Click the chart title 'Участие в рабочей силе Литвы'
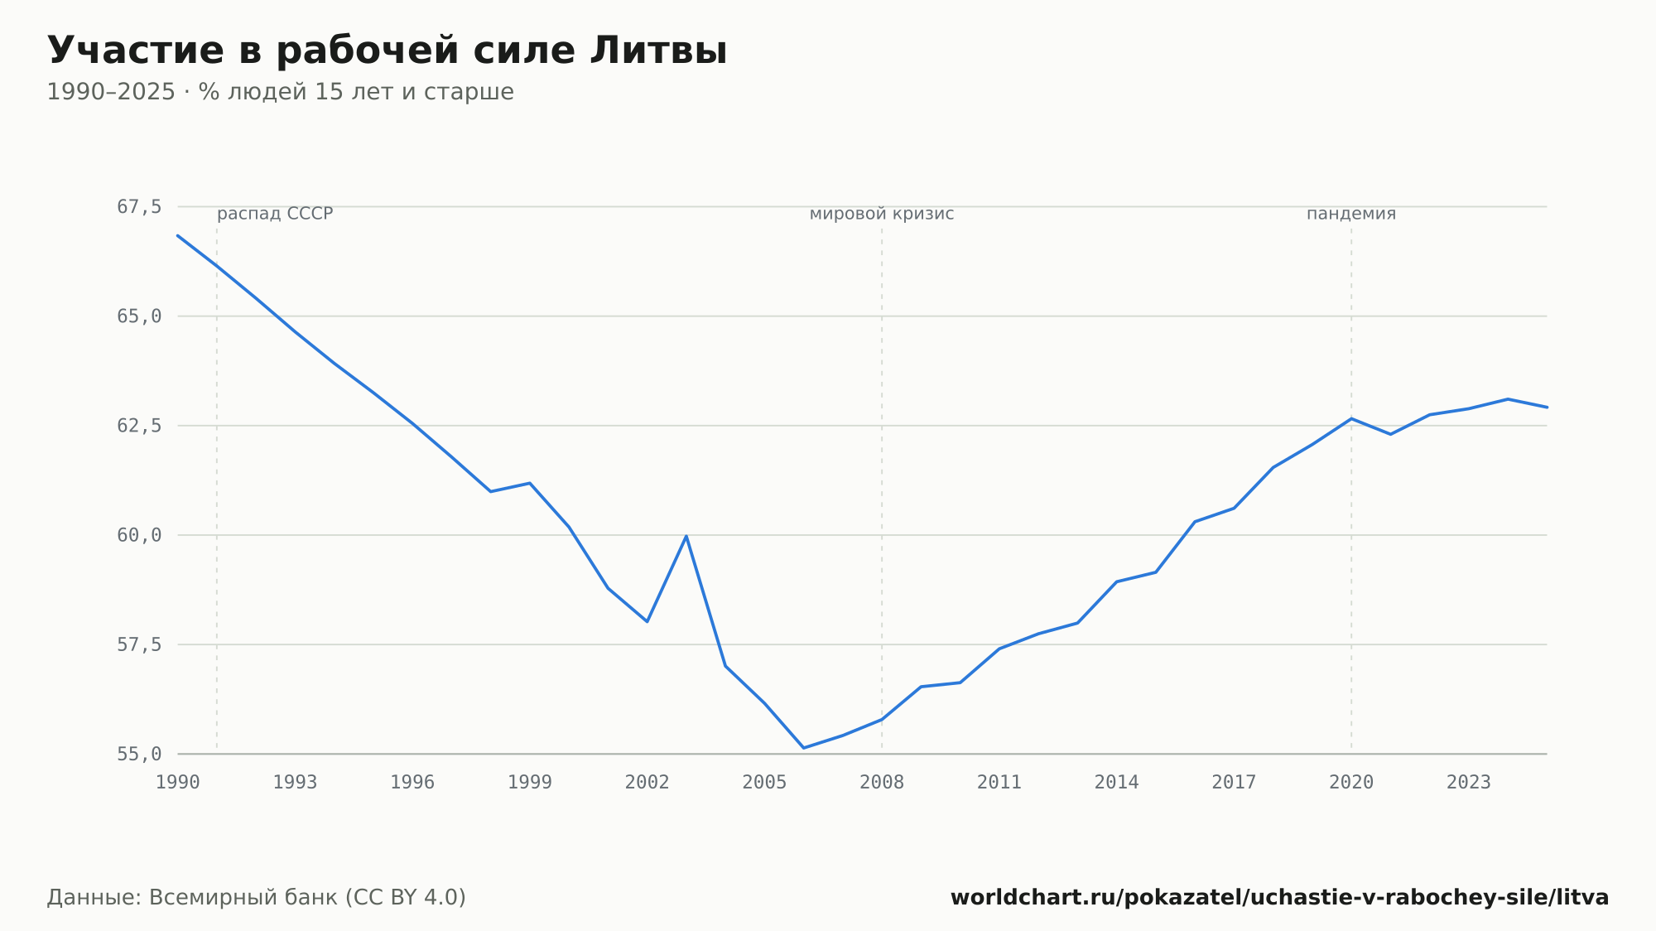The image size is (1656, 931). point(387,51)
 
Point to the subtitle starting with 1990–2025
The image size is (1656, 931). point(280,92)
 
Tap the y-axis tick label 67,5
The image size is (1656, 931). point(139,207)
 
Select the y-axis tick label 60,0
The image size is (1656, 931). point(139,536)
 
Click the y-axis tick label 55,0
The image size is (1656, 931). point(139,755)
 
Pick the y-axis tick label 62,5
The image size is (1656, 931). point(139,426)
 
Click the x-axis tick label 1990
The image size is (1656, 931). point(178,783)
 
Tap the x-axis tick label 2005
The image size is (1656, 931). point(764,783)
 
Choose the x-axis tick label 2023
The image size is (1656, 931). point(1469,783)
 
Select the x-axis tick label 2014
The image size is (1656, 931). point(1117,783)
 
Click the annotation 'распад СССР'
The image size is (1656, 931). point(275,215)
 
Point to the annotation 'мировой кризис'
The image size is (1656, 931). point(882,215)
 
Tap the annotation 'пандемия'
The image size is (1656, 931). point(1351,215)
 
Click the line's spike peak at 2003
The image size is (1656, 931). point(686,536)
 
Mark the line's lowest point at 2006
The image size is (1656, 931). point(803,748)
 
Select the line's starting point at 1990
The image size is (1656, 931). point(178,235)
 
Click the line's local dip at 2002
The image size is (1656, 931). point(647,621)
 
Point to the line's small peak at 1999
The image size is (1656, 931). point(530,483)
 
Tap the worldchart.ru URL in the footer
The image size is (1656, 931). point(1280,898)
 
